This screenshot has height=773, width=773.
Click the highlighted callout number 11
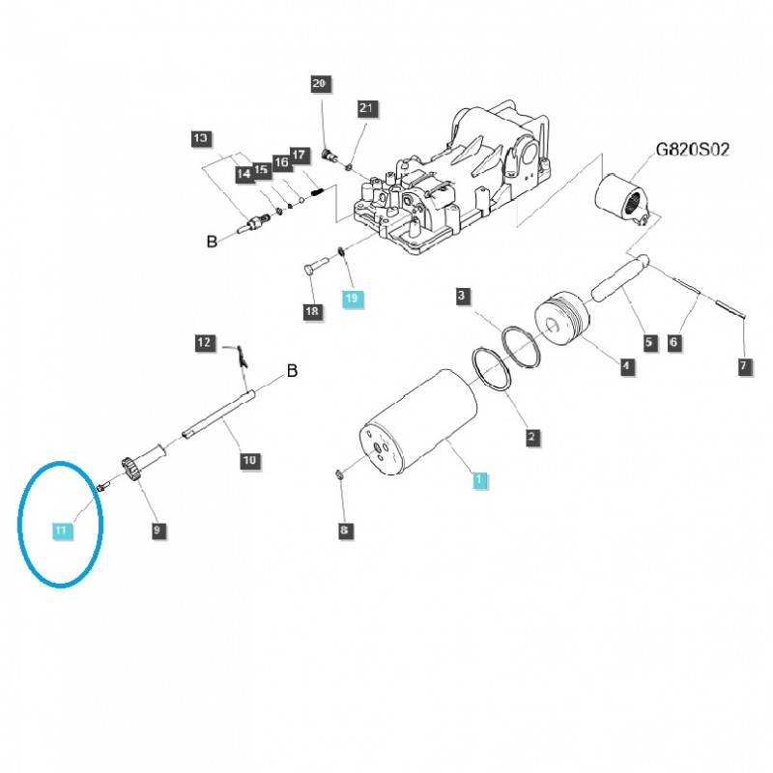61,530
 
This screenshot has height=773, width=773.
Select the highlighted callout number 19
351,300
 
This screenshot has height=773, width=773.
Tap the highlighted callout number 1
480,478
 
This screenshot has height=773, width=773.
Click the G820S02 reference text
692,151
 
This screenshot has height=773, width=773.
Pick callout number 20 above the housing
320,84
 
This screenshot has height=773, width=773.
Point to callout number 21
365,108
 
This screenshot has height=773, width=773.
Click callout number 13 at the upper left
200,139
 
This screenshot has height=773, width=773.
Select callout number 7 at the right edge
742,365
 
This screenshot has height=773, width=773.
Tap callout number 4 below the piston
626,365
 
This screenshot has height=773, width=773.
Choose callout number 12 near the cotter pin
204,342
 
